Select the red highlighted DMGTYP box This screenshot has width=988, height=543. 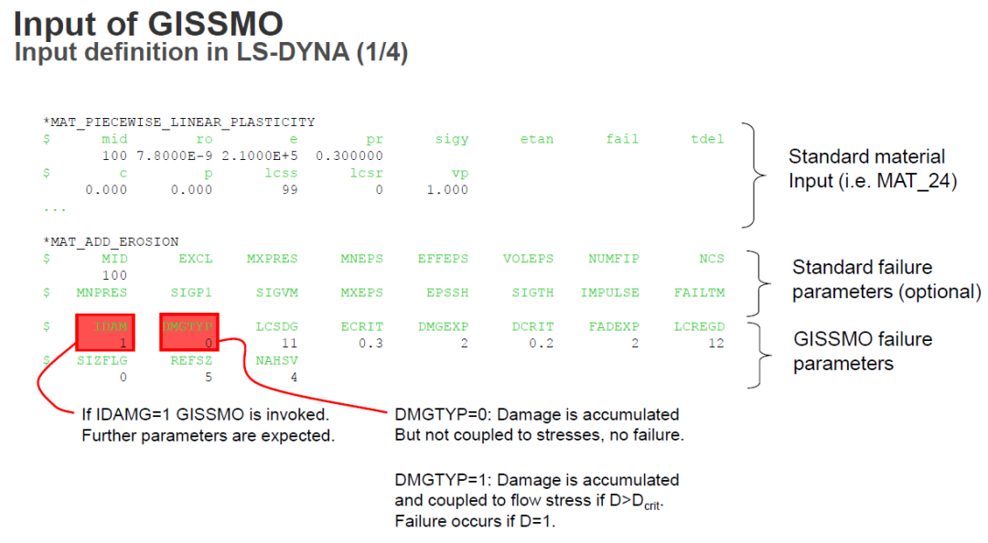click(189, 334)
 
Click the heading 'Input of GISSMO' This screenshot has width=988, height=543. click(148, 24)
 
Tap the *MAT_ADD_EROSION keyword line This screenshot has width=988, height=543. click(111, 241)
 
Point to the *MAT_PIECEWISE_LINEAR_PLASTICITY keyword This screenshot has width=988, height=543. click(178, 122)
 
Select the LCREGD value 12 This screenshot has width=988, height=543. click(715, 343)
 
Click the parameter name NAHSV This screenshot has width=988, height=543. click(276, 360)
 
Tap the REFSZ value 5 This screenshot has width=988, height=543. click(209, 377)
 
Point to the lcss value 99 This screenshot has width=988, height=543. click(289, 190)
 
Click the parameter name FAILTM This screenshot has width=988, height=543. click(699, 293)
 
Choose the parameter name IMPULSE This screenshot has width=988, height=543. click(610, 293)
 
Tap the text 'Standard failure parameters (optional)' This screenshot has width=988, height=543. click(886, 280)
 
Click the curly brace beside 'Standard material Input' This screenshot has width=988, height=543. click(752, 174)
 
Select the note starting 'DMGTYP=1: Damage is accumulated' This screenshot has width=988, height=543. click(537, 500)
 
